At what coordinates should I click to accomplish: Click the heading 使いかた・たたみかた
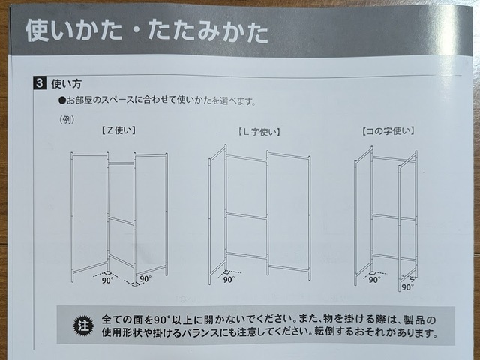tap(146, 31)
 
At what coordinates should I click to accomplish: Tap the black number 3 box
tap(39, 83)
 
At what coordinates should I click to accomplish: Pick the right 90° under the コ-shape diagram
tap(407, 286)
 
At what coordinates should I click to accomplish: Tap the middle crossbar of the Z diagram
tap(121, 220)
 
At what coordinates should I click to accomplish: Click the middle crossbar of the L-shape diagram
tap(246, 216)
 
